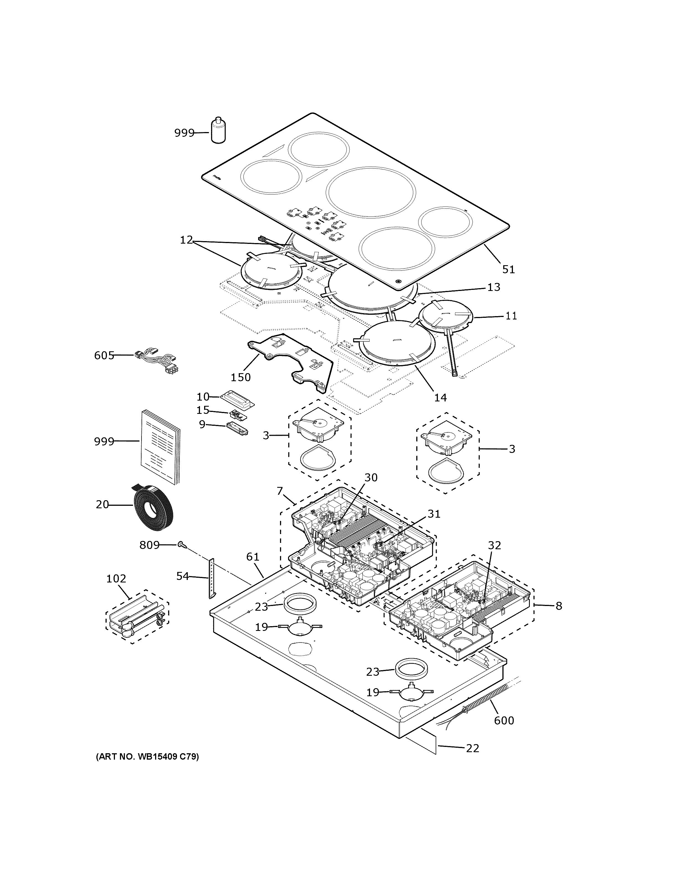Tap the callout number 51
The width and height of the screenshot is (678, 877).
coord(508,269)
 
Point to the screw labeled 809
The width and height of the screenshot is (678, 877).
coord(182,545)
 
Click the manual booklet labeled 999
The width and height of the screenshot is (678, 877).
coord(160,446)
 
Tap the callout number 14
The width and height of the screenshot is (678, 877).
coord(440,398)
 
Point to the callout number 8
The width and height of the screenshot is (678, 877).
coord(559,606)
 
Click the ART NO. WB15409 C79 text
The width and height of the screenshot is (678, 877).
coord(147,757)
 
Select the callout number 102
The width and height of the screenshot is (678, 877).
coord(116,579)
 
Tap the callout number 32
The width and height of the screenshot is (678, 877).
coord(494,545)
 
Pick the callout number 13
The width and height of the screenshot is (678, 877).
coord(494,287)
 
